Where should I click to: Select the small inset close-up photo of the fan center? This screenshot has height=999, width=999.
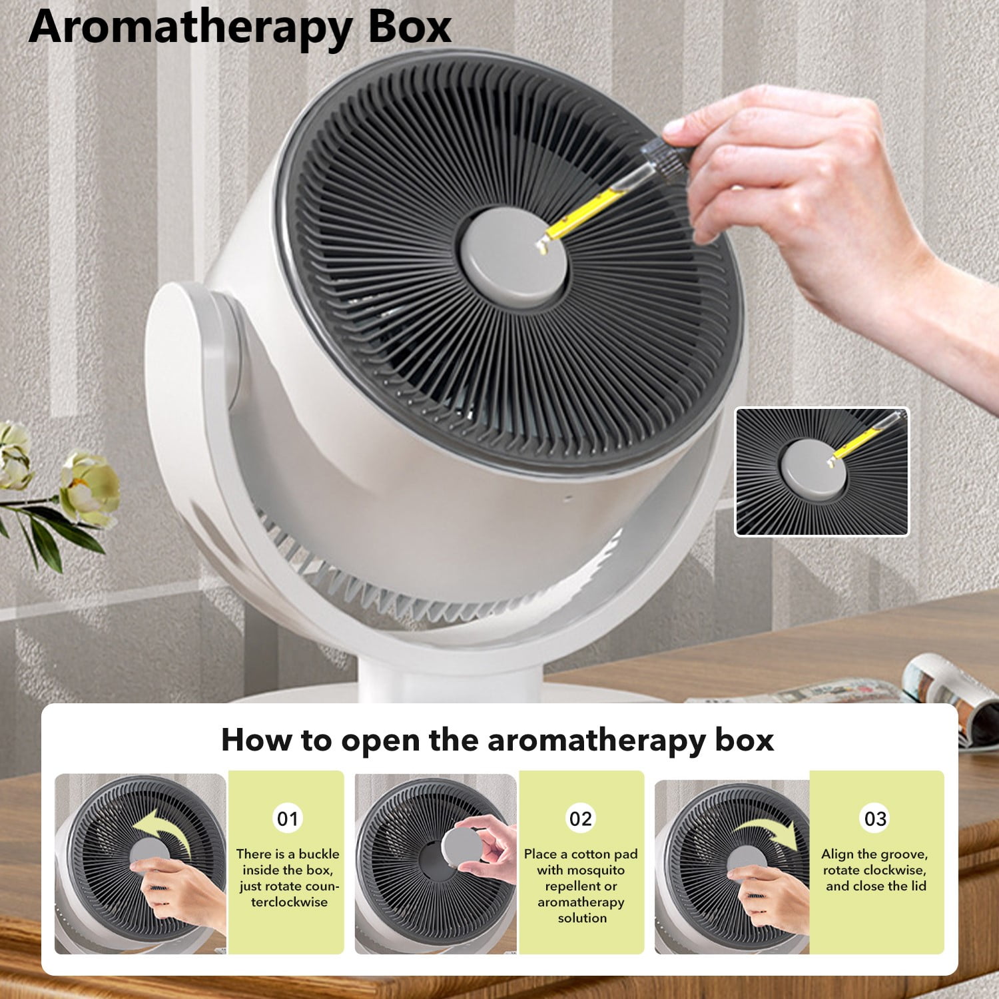click(x=822, y=472)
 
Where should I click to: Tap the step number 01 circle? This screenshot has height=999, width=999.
click(x=288, y=819)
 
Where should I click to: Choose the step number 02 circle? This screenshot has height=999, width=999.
click(x=581, y=819)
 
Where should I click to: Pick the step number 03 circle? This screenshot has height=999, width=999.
click(x=875, y=819)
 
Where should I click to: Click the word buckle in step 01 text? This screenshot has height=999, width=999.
click(x=319, y=854)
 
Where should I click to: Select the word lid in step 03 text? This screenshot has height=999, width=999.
click(x=918, y=886)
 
